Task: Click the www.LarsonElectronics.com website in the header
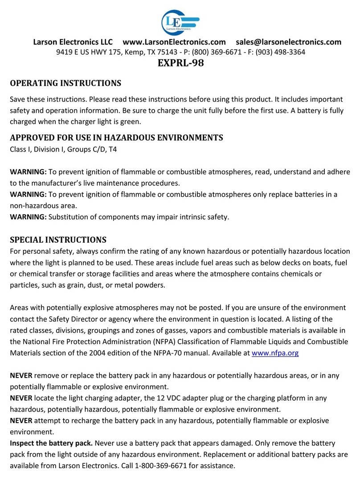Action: [174, 42]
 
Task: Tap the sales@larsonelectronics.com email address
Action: [289, 42]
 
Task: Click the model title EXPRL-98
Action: [180, 64]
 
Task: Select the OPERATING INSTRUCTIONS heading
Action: [65, 83]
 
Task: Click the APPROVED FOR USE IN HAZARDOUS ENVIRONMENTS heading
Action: [116, 137]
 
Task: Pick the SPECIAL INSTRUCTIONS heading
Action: [58, 239]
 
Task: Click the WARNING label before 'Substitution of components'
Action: [28, 218]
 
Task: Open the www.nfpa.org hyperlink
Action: [275, 353]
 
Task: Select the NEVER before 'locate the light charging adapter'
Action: [22, 398]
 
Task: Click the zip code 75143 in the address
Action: [161, 52]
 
